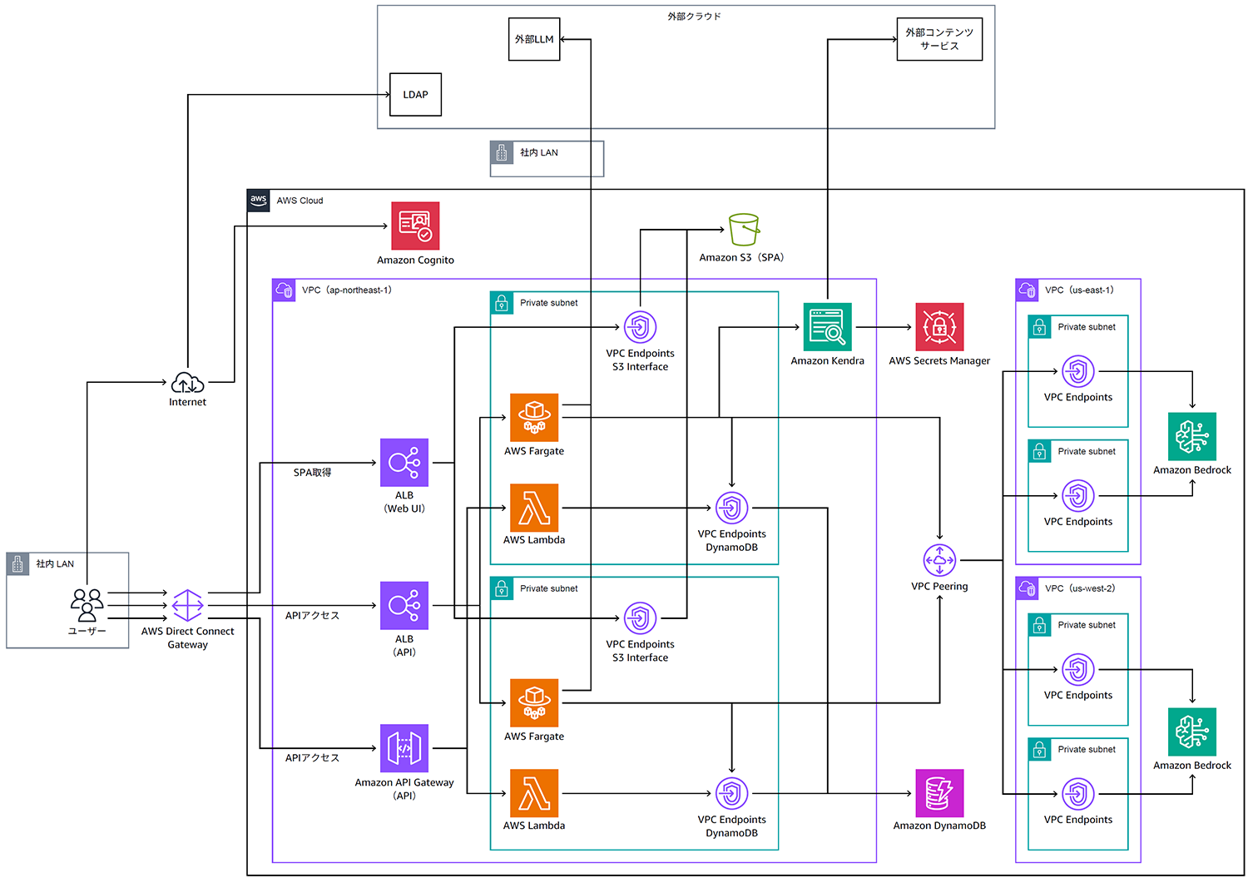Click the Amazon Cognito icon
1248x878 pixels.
pos(415,226)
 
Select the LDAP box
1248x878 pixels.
pos(415,95)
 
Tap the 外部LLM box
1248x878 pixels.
pos(534,39)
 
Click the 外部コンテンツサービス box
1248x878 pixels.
pos(939,39)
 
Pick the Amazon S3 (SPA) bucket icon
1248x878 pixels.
pos(744,230)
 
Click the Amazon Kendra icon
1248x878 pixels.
pos(827,327)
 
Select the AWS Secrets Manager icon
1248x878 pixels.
pos(939,327)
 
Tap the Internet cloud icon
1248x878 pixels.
pos(187,383)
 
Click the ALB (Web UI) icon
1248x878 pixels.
pos(404,463)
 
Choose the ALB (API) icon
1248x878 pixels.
pos(404,606)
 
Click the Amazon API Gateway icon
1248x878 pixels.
pos(404,748)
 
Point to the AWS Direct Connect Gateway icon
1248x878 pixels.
pos(187,606)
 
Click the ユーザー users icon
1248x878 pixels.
pos(87,605)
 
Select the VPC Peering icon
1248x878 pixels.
pos(939,560)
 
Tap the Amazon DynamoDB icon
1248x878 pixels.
pos(939,793)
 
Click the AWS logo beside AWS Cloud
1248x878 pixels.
pos(259,201)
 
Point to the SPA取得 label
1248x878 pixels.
pos(312,473)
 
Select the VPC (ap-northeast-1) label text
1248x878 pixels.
pos(346,290)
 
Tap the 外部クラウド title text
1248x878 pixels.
pos(694,17)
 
